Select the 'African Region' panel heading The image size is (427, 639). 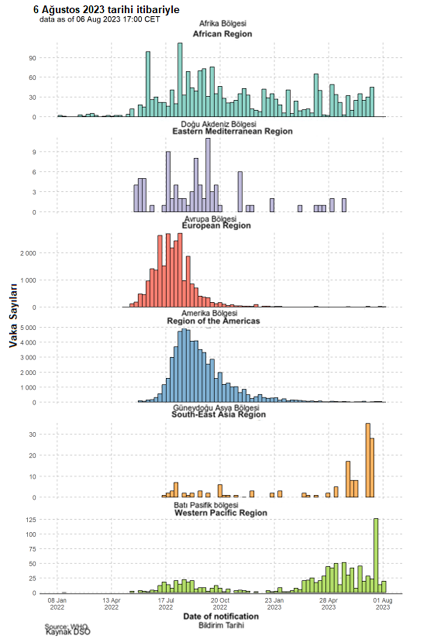coord(223,34)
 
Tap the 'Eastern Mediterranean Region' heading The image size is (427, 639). coord(232,131)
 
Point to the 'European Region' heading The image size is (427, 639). coord(216,226)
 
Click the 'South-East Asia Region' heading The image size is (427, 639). coord(219,414)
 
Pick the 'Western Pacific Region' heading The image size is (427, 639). coord(221,513)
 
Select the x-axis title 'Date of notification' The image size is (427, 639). coord(221,616)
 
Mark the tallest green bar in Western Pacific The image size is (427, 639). coord(376,555)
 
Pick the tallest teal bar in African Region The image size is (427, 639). coord(180,80)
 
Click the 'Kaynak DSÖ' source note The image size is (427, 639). coord(68,632)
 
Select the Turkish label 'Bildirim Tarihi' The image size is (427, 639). coord(221,625)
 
